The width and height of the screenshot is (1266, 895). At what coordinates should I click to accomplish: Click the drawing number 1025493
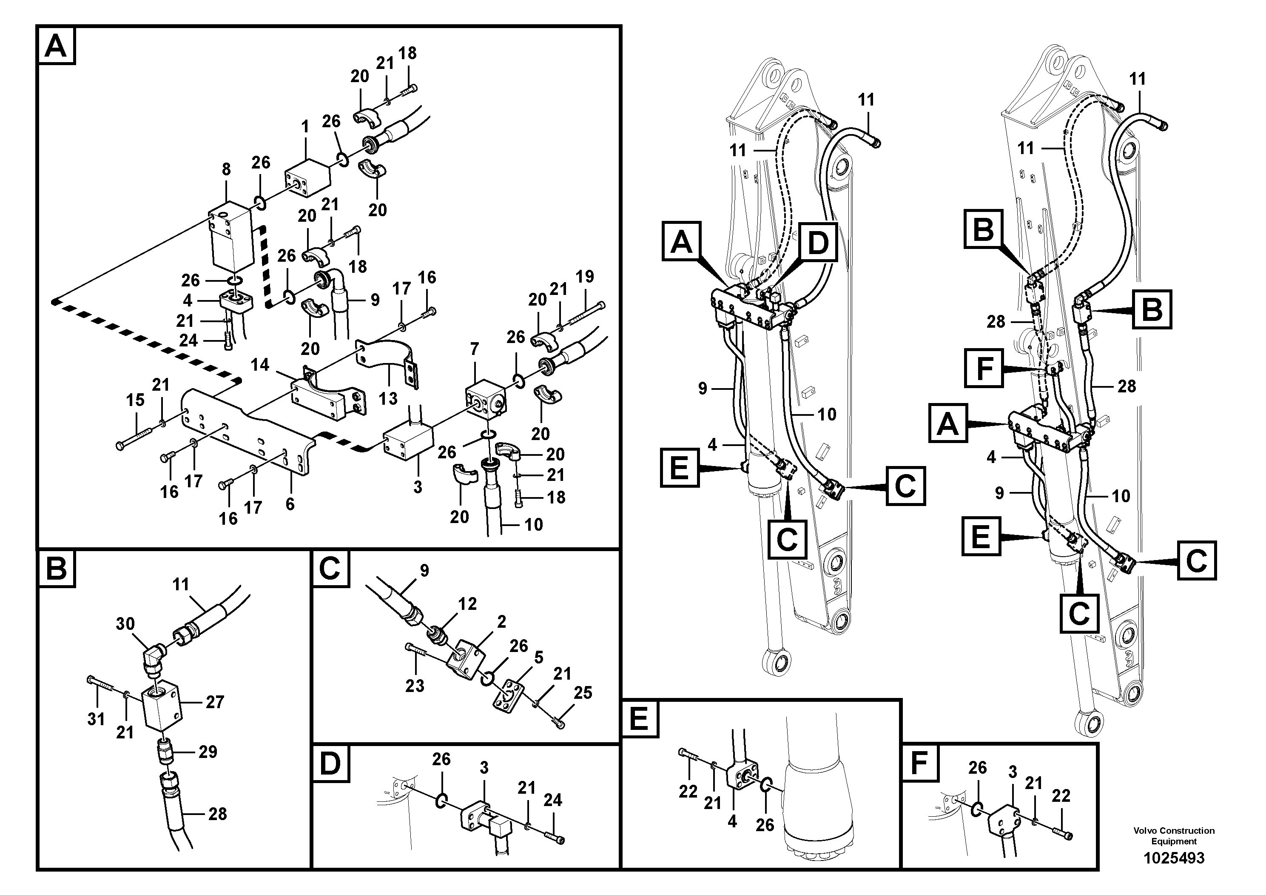1173,858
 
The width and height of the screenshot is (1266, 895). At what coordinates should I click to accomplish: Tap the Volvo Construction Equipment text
1173,836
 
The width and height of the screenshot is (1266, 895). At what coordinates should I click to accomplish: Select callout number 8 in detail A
226,169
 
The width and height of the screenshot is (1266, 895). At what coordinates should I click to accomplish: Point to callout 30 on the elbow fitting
125,623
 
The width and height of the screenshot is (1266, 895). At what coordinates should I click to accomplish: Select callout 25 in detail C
583,692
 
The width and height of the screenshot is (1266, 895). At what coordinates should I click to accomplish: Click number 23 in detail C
415,686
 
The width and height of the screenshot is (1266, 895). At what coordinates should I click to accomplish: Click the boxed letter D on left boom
818,243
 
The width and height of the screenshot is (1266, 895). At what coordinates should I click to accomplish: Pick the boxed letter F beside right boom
984,369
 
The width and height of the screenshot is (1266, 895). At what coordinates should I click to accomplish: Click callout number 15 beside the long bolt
135,400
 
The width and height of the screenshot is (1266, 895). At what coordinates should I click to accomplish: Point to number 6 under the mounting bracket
290,504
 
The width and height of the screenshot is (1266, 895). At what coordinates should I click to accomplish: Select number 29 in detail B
208,752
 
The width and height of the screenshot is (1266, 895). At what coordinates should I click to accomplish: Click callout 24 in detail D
552,800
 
